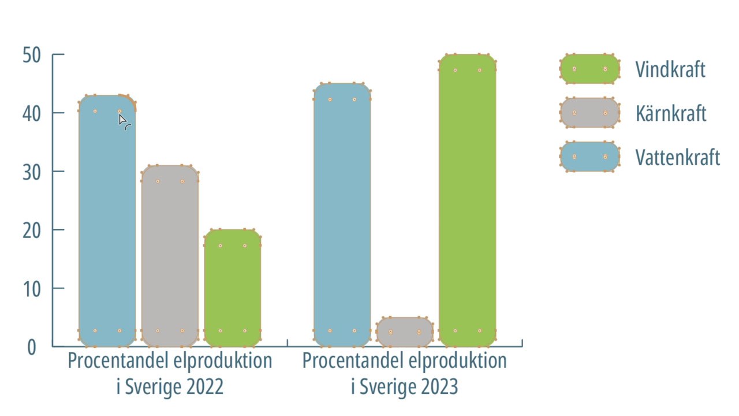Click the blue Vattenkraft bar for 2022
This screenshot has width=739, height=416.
107,221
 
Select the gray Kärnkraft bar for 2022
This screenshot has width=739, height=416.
170,256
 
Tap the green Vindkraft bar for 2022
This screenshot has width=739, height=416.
233,288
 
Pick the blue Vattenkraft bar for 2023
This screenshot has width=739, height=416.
342,215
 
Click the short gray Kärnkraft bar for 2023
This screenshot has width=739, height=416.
405,332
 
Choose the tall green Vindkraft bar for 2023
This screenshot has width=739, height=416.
468,200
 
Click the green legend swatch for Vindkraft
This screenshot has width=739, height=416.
589,69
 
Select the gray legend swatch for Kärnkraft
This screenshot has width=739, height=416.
589,113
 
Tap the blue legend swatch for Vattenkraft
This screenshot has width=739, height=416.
589,157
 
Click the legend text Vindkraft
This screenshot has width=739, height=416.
670,69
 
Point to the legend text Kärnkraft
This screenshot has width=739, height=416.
671,113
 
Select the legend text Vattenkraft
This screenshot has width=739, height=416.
678,157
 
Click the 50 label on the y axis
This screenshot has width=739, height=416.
32,55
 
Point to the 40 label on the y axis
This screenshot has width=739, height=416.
32,114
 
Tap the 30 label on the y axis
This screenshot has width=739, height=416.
32,172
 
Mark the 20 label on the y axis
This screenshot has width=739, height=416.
32,231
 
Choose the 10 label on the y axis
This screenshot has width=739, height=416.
32,289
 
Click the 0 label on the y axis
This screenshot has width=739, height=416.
32,347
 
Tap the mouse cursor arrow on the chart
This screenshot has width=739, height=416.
123,120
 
